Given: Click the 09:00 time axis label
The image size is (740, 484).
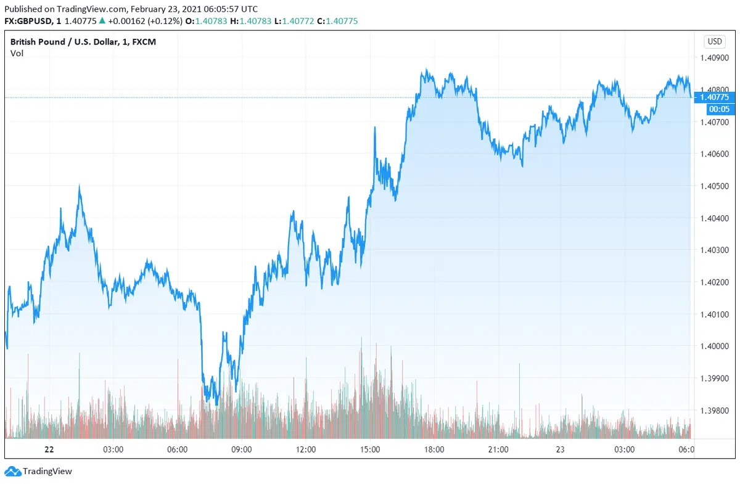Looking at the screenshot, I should pyautogui.click(x=241, y=449).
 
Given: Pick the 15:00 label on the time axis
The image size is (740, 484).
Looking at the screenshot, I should pyautogui.click(x=370, y=449).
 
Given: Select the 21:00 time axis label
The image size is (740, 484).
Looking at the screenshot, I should pyautogui.click(x=498, y=449).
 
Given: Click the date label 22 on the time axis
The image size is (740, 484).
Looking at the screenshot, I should pyautogui.click(x=49, y=449).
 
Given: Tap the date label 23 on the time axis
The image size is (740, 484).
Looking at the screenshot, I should pyautogui.click(x=560, y=449).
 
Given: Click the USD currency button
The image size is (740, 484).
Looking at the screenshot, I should pyautogui.click(x=715, y=42).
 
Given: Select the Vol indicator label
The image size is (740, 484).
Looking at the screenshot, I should pyautogui.click(x=17, y=53).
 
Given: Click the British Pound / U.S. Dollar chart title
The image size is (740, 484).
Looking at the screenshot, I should pyautogui.click(x=62, y=42).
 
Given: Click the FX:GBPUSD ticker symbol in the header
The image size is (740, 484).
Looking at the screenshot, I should pyautogui.click(x=31, y=21).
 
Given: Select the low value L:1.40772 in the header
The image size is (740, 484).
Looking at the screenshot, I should pyautogui.click(x=297, y=21).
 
